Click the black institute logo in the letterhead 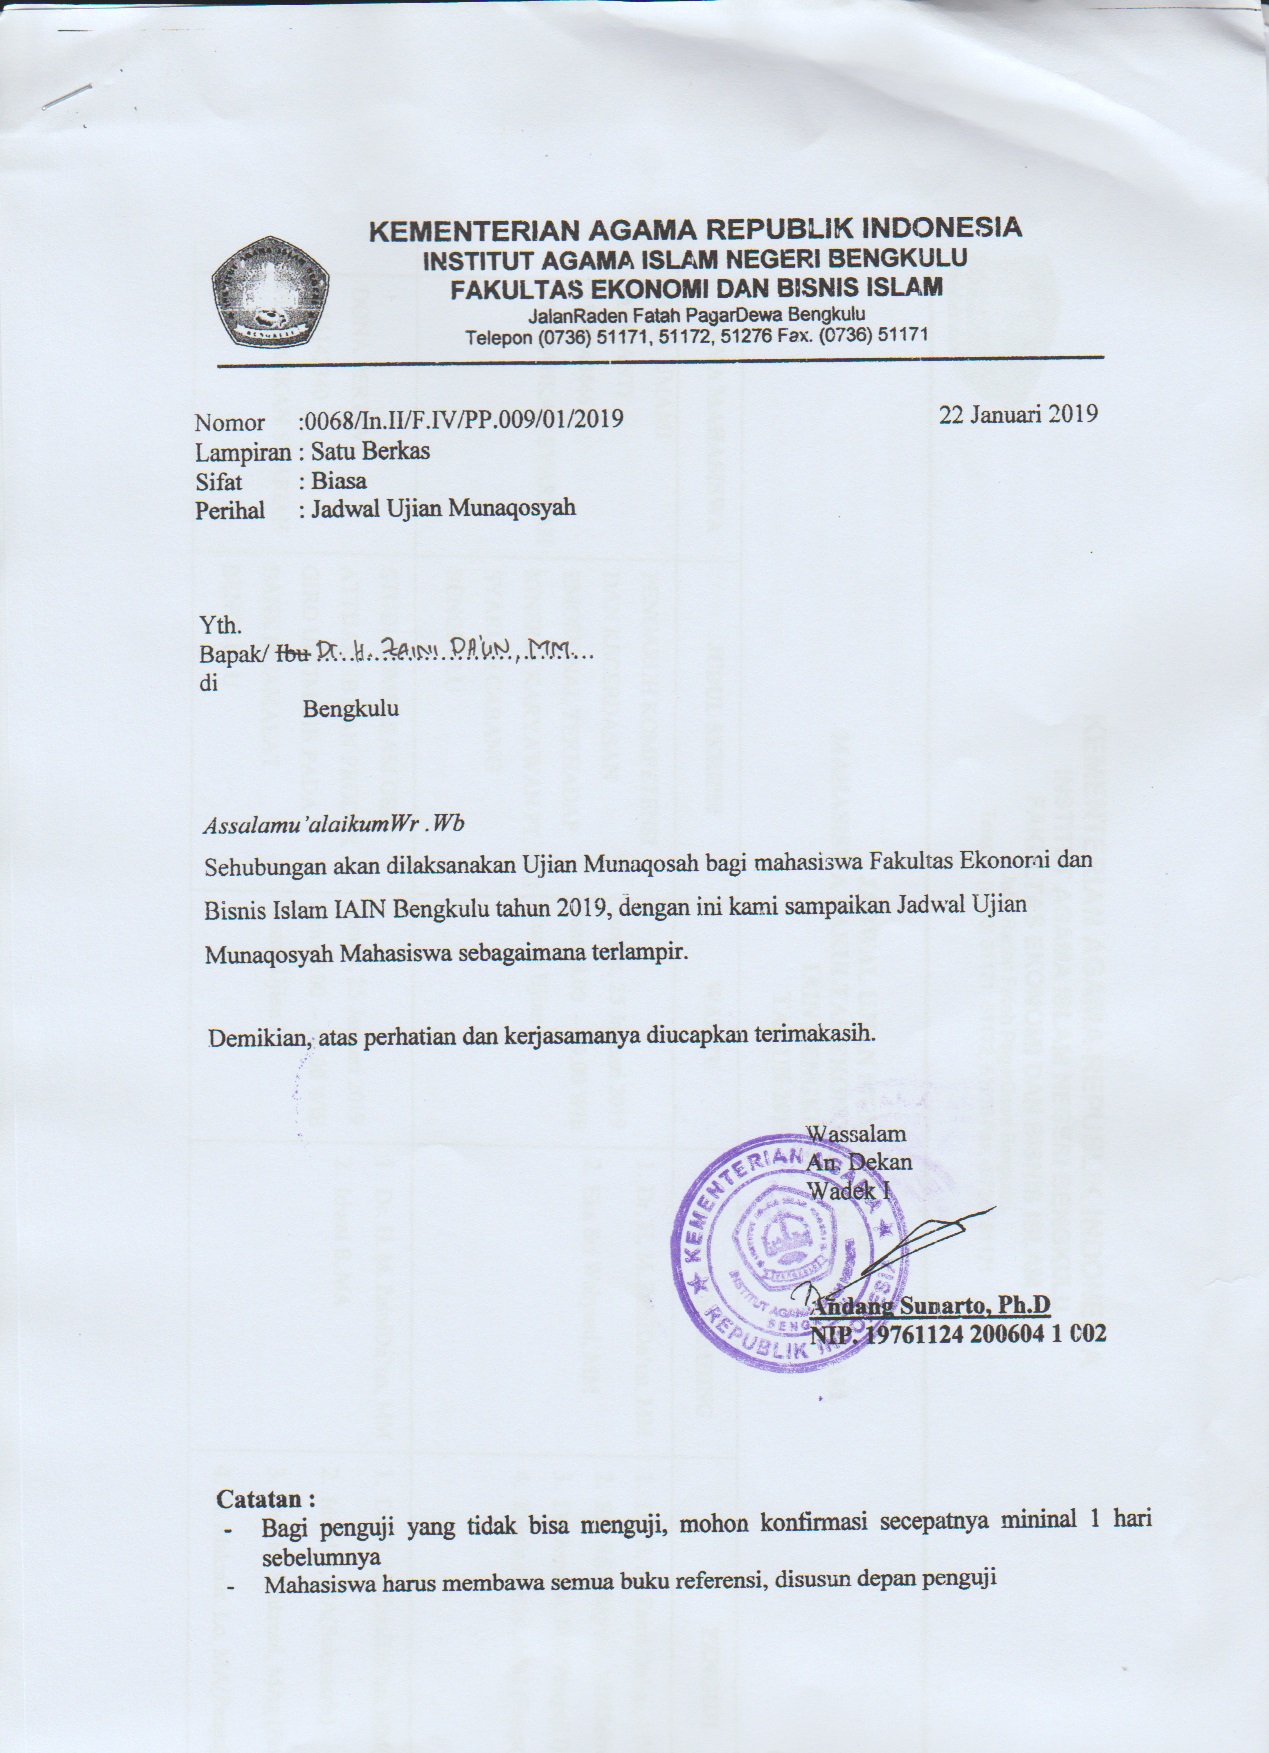pyautogui.click(x=270, y=290)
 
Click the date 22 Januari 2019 pyautogui.click(x=1018, y=414)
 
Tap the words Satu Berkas pyautogui.click(x=370, y=451)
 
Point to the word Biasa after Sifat pyautogui.click(x=339, y=480)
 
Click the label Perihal pyautogui.click(x=230, y=510)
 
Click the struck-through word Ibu pyautogui.click(x=293, y=654)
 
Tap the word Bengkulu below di pyautogui.click(x=351, y=709)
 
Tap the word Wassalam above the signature pyautogui.click(x=856, y=1133)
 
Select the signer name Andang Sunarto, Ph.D pyautogui.click(x=932, y=1305)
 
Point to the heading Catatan pyautogui.click(x=266, y=1499)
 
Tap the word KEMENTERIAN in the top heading pyautogui.click(x=473, y=231)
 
